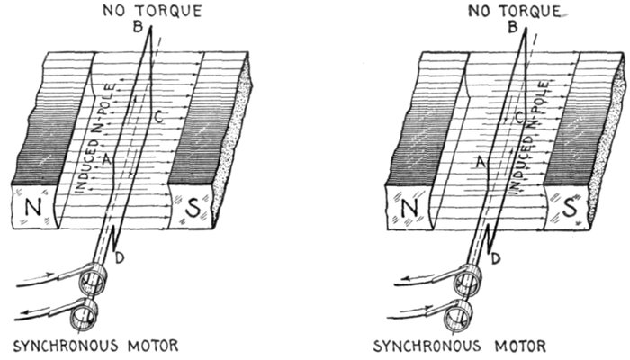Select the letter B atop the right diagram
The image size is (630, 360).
511,27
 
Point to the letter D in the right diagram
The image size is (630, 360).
497,260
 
